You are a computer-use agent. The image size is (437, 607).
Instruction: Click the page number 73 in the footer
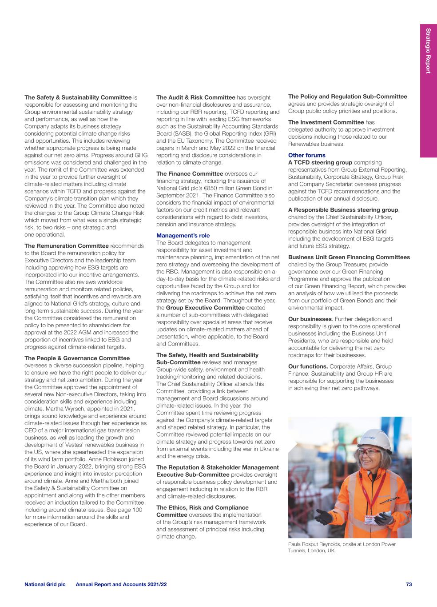tap(409, 584)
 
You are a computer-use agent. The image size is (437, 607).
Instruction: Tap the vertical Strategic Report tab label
tap(428, 51)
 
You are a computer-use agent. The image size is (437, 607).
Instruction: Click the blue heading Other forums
tap(307, 155)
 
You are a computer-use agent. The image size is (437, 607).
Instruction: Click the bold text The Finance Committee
tap(190, 174)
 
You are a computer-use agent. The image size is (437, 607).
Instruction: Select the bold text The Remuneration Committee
tap(67, 246)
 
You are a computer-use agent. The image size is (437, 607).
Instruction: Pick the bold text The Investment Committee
tap(326, 122)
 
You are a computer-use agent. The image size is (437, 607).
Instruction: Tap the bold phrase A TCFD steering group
tap(320, 163)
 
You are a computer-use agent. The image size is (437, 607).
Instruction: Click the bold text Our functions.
tap(308, 366)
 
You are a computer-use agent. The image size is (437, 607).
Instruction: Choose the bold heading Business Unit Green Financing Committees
tap(349, 257)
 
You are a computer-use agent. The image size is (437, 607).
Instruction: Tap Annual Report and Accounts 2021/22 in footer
tap(121, 584)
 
